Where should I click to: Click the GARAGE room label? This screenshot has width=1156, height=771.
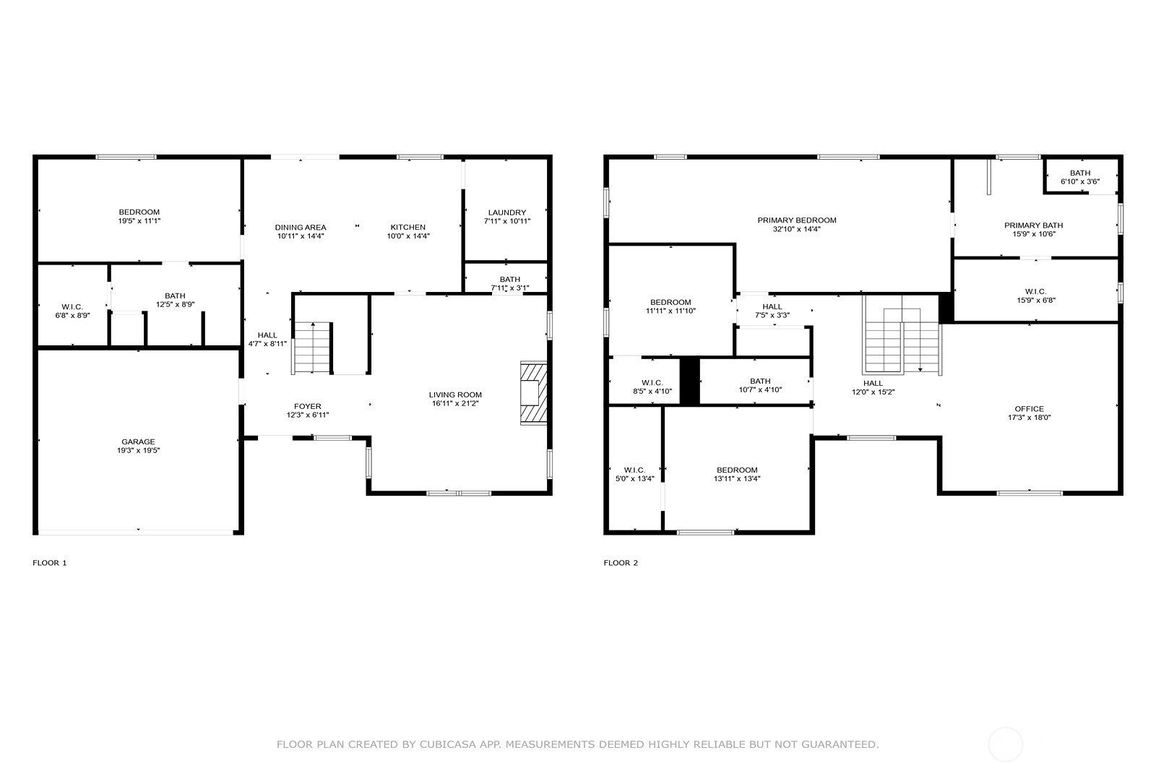click(x=138, y=442)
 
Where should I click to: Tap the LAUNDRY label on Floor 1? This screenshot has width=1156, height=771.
click(x=506, y=212)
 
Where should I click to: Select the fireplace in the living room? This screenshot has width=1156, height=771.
click(x=534, y=393)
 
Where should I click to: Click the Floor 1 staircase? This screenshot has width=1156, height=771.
click(x=312, y=348)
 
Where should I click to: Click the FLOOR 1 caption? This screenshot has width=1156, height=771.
click(x=50, y=563)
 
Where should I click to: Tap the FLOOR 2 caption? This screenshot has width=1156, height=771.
click(x=621, y=563)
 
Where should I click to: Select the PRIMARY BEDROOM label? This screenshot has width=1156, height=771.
click(x=797, y=220)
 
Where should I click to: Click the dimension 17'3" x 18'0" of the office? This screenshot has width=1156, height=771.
click(x=1029, y=418)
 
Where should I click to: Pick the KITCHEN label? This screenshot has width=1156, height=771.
click(x=407, y=228)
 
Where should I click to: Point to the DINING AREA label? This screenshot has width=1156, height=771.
click(x=301, y=228)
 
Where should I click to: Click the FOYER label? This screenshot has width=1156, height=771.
click(x=308, y=407)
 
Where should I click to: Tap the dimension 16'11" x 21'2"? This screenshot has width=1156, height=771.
click(x=455, y=403)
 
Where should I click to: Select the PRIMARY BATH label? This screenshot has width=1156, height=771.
click(x=1034, y=225)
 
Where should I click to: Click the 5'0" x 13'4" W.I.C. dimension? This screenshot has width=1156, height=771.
click(x=635, y=479)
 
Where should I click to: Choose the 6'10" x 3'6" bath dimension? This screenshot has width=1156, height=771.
click(x=1080, y=181)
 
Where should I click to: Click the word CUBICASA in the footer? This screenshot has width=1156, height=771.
click(x=448, y=745)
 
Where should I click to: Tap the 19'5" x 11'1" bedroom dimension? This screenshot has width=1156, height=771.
click(x=139, y=221)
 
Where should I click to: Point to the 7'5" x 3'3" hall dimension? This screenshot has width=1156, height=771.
click(x=772, y=315)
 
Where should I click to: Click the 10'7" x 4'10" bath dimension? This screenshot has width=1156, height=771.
click(x=760, y=390)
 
